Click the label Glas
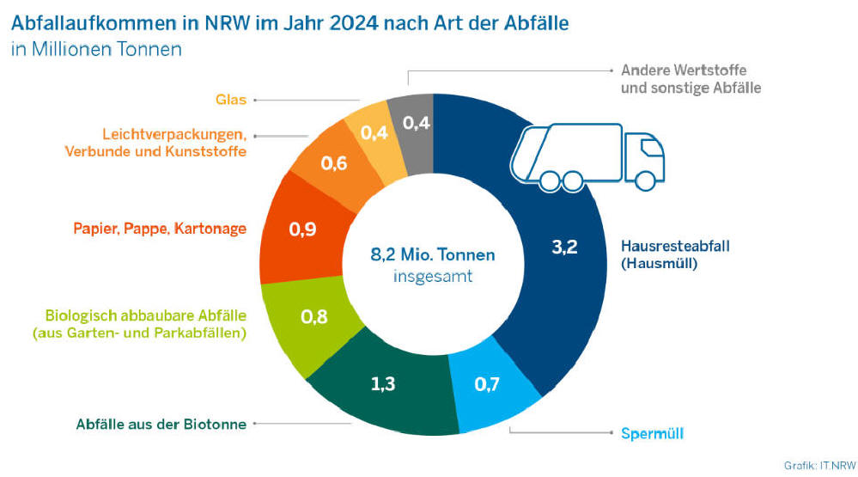pyautogui.click(x=230, y=100)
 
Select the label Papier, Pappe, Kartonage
pyautogui.click(x=159, y=229)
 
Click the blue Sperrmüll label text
pyautogui.click(x=652, y=432)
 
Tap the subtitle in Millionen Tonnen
pyautogui.click(x=96, y=49)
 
